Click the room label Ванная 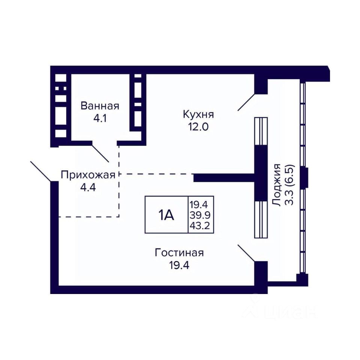click(x=100, y=106)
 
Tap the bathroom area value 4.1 click(x=100, y=119)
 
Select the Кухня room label click(x=198, y=113)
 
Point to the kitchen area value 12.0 click(x=198, y=126)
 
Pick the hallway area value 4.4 click(x=87, y=187)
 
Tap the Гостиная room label click(x=179, y=253)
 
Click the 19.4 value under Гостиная click(x=179, y=266)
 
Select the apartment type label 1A click(x=166, y=215)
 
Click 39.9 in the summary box click(x=201, y=215)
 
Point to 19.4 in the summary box click(x=201, y=204)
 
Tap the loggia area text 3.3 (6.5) click(x=290, y=184)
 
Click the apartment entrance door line click(x=40, y=171)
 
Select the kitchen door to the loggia click(x=246, y=102)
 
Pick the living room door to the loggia click(x=246, y=253)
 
